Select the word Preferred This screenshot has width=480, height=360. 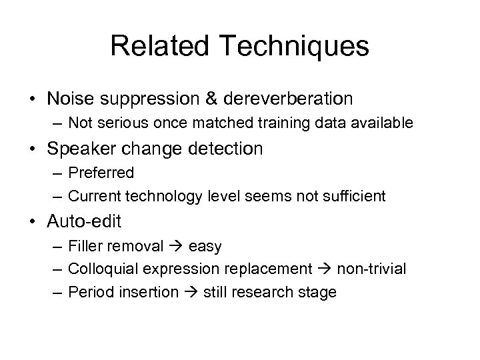click(101, 173)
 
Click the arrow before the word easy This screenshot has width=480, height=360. click(176, 246)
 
